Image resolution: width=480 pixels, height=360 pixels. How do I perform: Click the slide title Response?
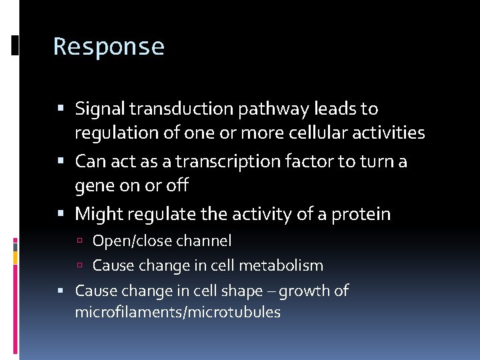[109, 47]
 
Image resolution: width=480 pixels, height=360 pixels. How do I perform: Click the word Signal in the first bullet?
[99, 108]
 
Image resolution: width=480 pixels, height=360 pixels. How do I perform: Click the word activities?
[389, 133]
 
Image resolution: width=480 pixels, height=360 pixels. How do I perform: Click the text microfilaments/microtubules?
[177, 312]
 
